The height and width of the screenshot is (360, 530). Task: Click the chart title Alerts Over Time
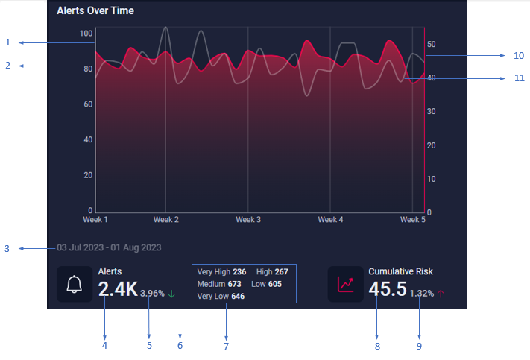click(95, 11)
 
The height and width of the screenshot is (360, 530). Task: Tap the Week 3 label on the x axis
click(248, 220)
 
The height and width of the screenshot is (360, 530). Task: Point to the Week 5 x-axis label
click(411, 220)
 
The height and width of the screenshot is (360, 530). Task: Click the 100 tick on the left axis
click(86, 34)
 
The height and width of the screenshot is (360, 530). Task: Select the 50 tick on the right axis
click(432, 44)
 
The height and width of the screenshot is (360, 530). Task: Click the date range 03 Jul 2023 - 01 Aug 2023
click(108, 247)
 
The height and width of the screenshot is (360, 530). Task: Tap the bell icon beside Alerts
click(74, 285)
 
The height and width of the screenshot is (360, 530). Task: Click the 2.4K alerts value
click(118, 289)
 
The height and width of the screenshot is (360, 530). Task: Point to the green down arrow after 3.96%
click(172, 294)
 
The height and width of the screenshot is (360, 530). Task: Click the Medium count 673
click(234, 285)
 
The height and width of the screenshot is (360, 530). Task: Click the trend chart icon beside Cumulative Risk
click(345, 285)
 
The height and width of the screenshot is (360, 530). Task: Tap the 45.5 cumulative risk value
click(388, 289)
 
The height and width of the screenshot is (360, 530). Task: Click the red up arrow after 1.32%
click(441, 294)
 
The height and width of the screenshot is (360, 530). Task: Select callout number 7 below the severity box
click(226, 345)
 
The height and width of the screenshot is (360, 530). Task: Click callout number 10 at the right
click(518, 55)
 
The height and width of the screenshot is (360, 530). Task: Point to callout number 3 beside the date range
click(7, 248)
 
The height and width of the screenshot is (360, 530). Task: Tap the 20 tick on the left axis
click(89, 175)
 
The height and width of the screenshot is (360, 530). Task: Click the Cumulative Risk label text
click(400, 272)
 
